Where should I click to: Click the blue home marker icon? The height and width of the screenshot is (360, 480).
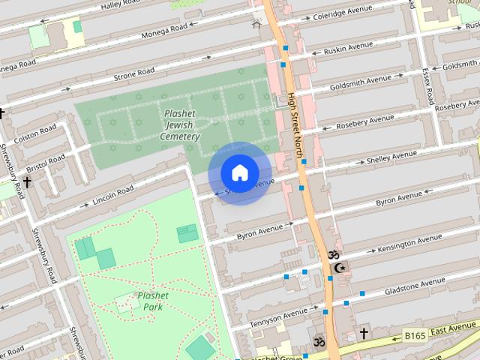coord(239,173)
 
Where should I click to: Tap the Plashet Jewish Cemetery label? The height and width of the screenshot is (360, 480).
coord(181,125)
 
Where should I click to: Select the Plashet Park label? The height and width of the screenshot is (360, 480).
coord(152,301)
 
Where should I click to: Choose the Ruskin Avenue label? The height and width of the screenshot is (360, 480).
coord(347,48)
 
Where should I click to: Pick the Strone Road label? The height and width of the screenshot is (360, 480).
coord(134,74)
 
